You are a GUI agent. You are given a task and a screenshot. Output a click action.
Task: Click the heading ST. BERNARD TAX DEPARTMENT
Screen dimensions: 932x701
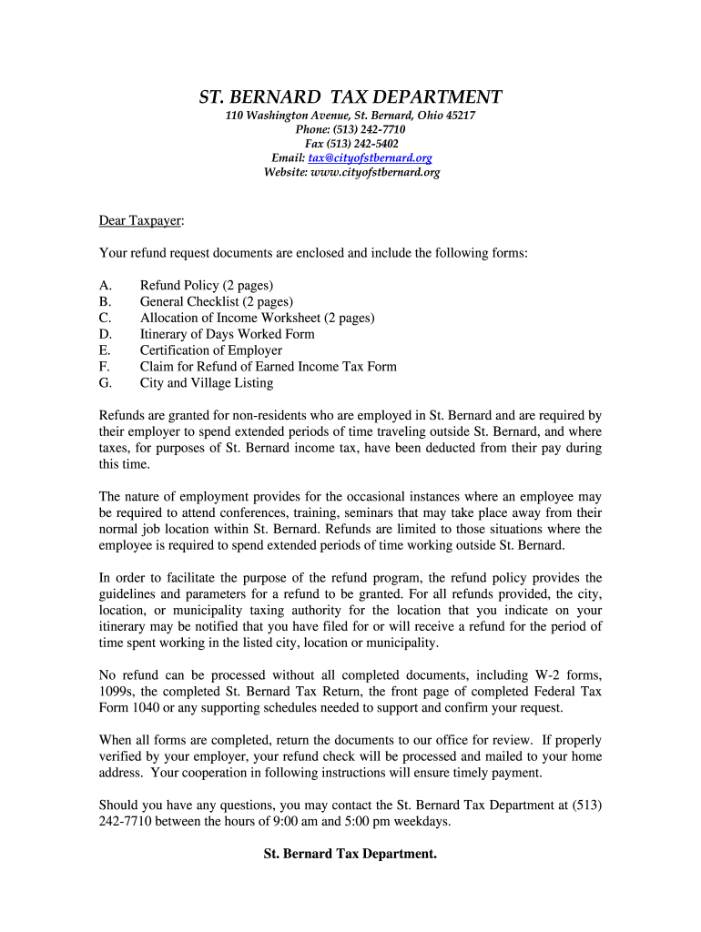point(350,97)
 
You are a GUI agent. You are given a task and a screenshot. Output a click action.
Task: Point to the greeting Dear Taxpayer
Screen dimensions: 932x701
point(140,220)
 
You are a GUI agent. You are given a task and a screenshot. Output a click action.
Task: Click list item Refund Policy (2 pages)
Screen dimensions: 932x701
point(207,285)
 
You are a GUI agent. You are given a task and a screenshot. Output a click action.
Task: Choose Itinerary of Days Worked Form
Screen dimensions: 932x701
point(227,334)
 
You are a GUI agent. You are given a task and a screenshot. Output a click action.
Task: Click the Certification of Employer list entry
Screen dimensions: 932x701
point(210,350)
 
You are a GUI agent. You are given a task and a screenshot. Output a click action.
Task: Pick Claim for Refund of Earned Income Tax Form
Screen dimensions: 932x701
point(268,367)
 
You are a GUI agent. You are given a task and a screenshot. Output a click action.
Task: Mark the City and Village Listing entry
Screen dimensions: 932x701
point(206,383)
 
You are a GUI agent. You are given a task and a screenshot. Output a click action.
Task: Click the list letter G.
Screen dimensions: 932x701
point(105,383)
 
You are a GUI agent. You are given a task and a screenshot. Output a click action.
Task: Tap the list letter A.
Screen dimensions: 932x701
point(105,285)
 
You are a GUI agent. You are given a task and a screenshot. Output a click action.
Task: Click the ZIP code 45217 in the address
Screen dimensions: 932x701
point(461,116)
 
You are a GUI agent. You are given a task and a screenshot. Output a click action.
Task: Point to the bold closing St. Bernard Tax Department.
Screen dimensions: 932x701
point(350,854)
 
